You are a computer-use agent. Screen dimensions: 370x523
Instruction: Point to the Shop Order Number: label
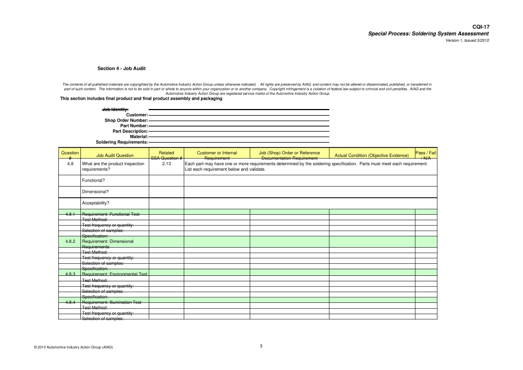click(x=126, y=120)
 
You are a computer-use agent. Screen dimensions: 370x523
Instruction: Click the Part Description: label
click(x=130, y=131)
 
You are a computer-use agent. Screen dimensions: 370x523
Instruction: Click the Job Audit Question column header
click(x=115, y=155)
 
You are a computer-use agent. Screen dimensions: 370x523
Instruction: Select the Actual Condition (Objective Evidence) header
click(x=372, y=155)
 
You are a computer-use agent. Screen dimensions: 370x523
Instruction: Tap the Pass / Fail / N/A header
click(x=426, y=155)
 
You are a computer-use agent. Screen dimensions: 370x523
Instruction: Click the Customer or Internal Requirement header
click(x=217, y=155)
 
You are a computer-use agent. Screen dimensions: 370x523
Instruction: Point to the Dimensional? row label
click(x=95, y=192)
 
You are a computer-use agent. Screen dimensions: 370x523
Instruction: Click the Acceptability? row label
click(x=96, y=203)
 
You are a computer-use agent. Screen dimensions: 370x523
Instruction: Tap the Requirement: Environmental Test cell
click(x=115, y=274)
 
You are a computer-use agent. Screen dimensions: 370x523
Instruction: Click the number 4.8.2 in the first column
click(x=70, y=241)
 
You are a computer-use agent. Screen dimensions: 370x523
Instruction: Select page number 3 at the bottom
click(x=261, y=346)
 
